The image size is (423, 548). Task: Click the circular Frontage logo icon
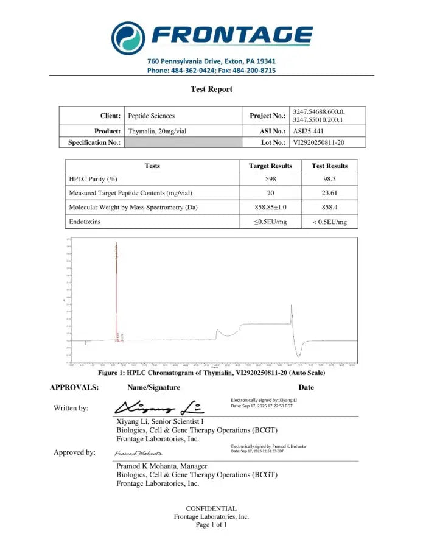[128, 37]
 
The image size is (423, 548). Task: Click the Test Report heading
[211, 89]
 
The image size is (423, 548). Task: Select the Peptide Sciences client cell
[151, 116]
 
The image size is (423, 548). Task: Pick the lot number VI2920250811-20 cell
[321, 142]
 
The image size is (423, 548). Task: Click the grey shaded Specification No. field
[183, 142]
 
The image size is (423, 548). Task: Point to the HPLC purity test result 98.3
[329, 179]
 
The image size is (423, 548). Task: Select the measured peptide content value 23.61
[329, 193]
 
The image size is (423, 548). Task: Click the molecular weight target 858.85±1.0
[270, 208]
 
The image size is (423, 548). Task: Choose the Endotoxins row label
[85, 222]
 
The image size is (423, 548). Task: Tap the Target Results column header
[270, 166]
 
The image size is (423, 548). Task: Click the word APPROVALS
[74, 387]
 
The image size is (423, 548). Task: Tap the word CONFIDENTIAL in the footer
[211, 508]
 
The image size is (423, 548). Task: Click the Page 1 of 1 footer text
[211, 524]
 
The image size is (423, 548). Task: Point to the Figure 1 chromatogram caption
[211, 372]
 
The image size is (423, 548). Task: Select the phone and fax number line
[211, 71]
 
